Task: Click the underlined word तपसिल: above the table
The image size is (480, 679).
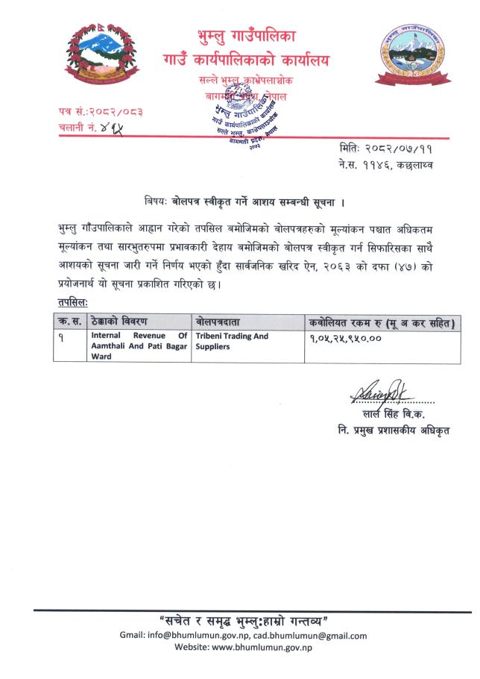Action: click(72, 303)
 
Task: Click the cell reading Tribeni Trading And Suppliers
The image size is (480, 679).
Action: click(231, 342)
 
